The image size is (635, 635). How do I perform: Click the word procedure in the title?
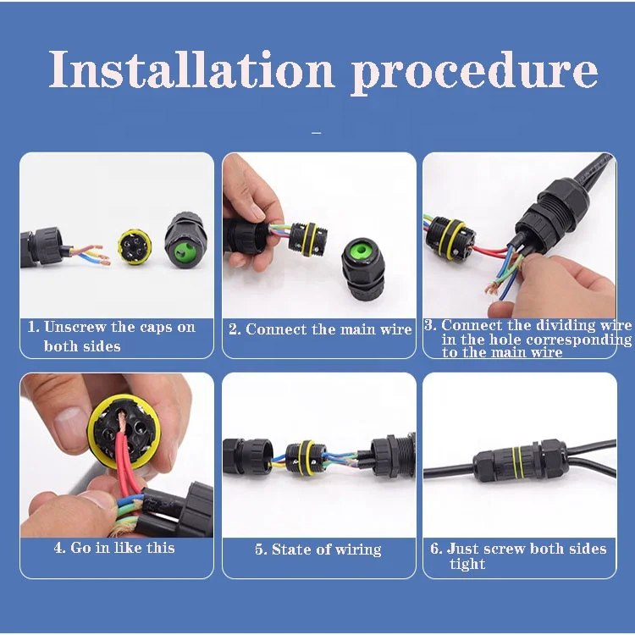[474, 73]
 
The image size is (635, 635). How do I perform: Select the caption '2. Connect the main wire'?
[319, 329]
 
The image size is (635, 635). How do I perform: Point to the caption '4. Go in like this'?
[114, 548]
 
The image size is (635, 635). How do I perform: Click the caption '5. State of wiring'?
[318, 549]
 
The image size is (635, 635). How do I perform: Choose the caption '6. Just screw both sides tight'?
[519, 555]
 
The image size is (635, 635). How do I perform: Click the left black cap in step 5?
[248, 456]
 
